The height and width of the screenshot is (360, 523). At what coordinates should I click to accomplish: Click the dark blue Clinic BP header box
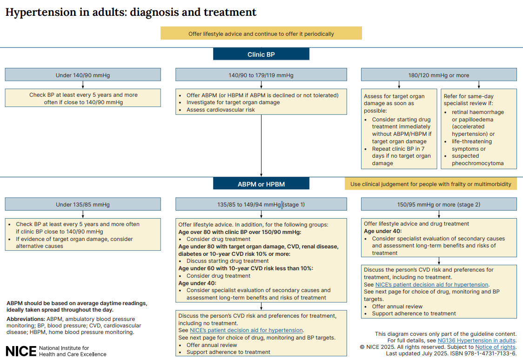pos(261,54)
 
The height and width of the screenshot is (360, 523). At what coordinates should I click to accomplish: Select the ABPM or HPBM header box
pos(261,184)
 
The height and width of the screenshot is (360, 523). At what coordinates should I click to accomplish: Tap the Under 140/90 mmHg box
pos(83,75)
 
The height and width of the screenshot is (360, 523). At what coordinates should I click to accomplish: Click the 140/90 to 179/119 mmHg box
pos(261,75)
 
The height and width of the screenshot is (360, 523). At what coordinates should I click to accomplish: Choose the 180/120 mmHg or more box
pos(439,75)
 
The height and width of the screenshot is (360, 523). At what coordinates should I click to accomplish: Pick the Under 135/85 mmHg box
pos(83,204)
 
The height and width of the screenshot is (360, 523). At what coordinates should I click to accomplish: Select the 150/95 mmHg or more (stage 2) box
pos(439,204)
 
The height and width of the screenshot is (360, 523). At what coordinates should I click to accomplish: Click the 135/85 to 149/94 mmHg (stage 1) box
pos(261,204)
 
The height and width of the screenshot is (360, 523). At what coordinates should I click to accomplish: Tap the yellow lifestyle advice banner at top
pos(261,33)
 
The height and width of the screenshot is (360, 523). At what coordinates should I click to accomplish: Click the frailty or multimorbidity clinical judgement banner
pos(430,184)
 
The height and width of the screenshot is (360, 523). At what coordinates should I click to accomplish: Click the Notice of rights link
pos(495,347)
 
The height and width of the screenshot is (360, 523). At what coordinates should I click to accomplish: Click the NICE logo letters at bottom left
pos(21,351)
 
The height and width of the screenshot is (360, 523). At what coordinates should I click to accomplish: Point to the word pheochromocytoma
pos(478,163)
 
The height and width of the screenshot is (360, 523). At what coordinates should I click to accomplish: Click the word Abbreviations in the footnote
pos(25,319)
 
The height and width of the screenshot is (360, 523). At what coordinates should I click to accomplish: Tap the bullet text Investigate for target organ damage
pos(233,102)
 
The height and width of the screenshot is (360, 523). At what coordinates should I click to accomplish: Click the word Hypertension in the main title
pos(40,13)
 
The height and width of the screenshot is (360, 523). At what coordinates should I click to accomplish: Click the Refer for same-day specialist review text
pos(469,100)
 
